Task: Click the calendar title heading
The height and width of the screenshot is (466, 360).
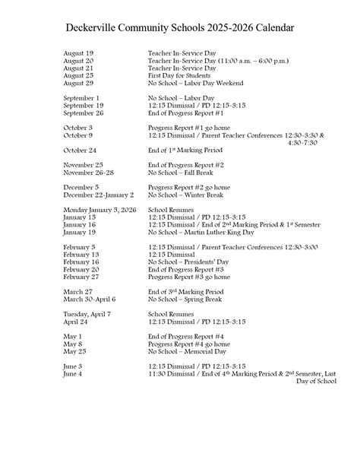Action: tap(180, 27)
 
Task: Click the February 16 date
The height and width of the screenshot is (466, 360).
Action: tap(81, 262)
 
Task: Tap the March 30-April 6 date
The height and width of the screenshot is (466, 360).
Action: tap(89, 299)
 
